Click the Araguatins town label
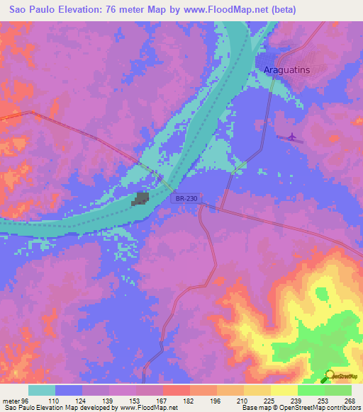tap(291, 71)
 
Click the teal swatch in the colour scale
tap(42, 390)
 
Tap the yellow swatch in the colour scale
tap(284, 390)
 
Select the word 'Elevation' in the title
tap(77, 10)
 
